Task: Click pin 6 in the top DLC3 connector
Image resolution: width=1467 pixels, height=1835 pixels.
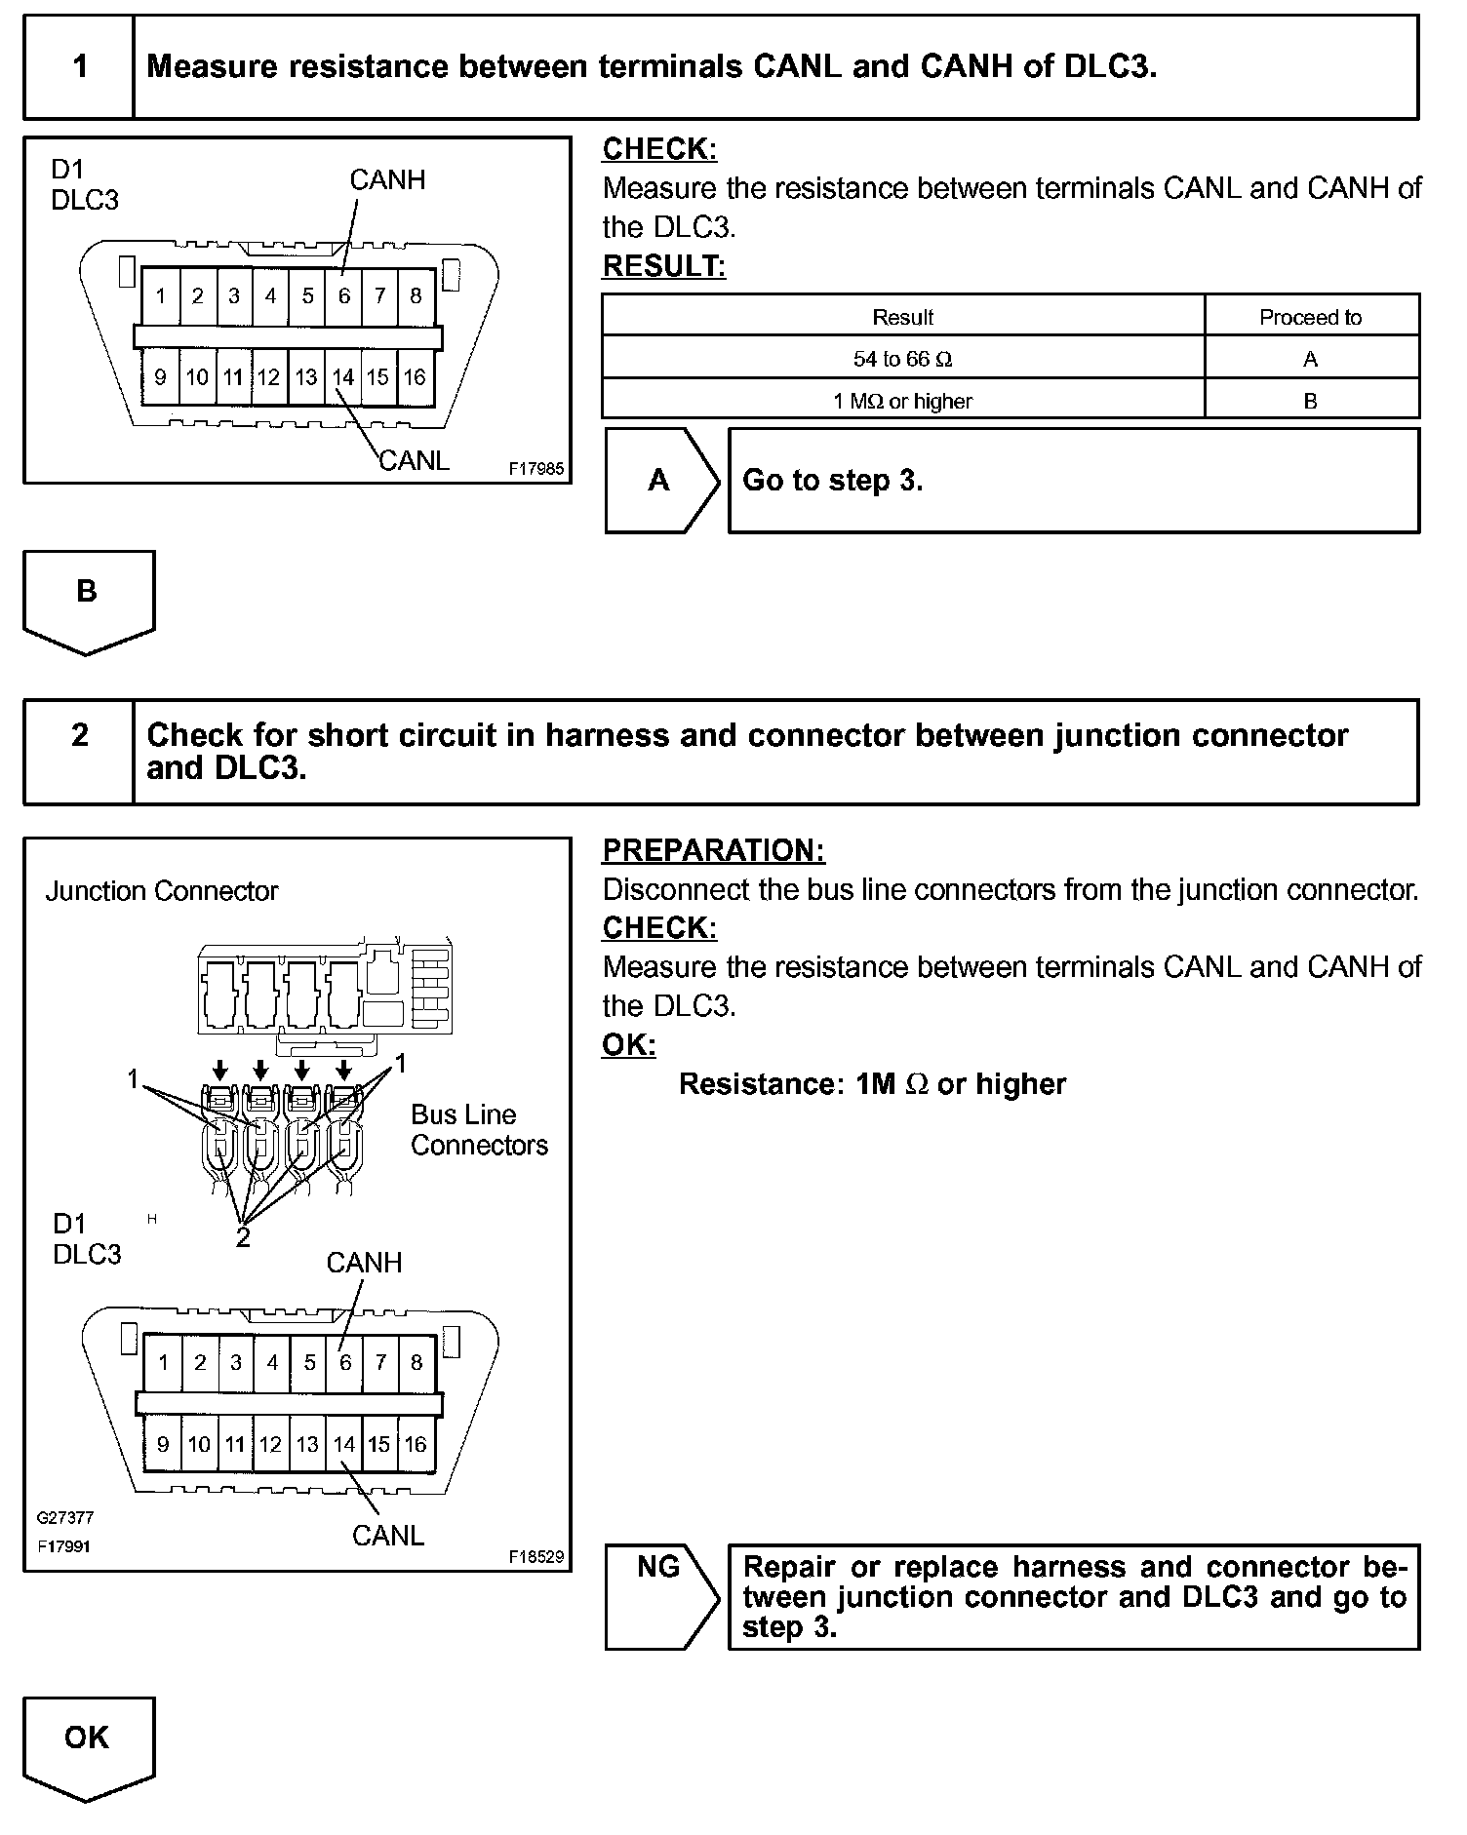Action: point(344,295)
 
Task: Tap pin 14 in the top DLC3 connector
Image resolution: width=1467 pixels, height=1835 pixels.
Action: point(342,376)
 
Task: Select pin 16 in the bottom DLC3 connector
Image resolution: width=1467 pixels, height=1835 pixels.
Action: point(416,1444)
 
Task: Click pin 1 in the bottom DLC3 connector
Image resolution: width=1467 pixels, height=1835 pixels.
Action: point(163,1362)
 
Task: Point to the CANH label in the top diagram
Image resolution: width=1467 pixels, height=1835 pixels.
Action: point(387,180)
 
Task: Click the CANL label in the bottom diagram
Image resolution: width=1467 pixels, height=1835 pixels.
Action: point(388,1536)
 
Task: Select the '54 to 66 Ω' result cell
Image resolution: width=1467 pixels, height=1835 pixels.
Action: point(902,359)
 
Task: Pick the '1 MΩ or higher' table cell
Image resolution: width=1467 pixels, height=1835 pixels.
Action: point(902,401)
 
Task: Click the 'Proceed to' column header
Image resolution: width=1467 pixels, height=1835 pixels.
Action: point(1310,317)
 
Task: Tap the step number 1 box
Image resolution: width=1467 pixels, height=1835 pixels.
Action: point(79,66)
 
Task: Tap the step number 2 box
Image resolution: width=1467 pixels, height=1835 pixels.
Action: point(79,735)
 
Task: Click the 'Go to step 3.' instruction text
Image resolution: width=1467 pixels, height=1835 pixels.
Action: point(832,480)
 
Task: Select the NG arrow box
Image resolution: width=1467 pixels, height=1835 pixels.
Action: point(658,1596)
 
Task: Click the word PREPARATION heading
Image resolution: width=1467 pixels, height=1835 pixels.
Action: point(713,850)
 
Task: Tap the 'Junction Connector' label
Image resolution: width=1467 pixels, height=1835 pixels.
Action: point(162,891)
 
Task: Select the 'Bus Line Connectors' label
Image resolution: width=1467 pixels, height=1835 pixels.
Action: point(478,1130)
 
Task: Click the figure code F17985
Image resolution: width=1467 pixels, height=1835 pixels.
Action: point(535,469)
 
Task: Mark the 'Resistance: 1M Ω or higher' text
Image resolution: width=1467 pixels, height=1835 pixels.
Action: point(872,1084)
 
